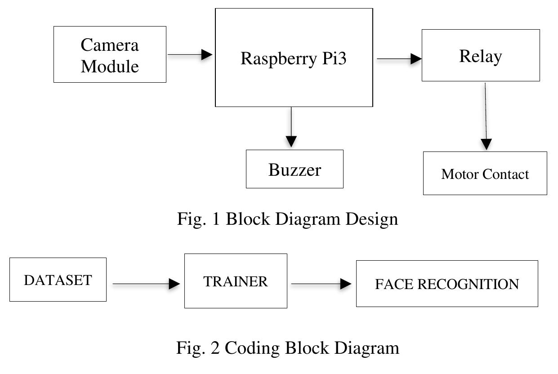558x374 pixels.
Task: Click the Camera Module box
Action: point(110,54)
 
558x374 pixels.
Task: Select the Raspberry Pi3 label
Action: point(294,58)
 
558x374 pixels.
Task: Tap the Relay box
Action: point(480,55)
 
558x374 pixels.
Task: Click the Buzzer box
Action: point(295,169)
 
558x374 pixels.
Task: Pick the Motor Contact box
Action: point(485,174)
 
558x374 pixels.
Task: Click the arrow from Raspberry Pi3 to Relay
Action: point(398,58)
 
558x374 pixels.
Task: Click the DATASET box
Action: point(58,280)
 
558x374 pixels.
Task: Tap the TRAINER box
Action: point(236,281)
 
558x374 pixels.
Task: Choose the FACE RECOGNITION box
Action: point(446,284)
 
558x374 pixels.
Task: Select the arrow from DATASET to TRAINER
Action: point(145,284)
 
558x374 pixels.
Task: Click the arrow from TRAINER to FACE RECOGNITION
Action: point(321,284)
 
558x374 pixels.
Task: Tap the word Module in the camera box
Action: point(110,66)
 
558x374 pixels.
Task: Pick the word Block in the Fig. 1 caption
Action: point(247,219)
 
